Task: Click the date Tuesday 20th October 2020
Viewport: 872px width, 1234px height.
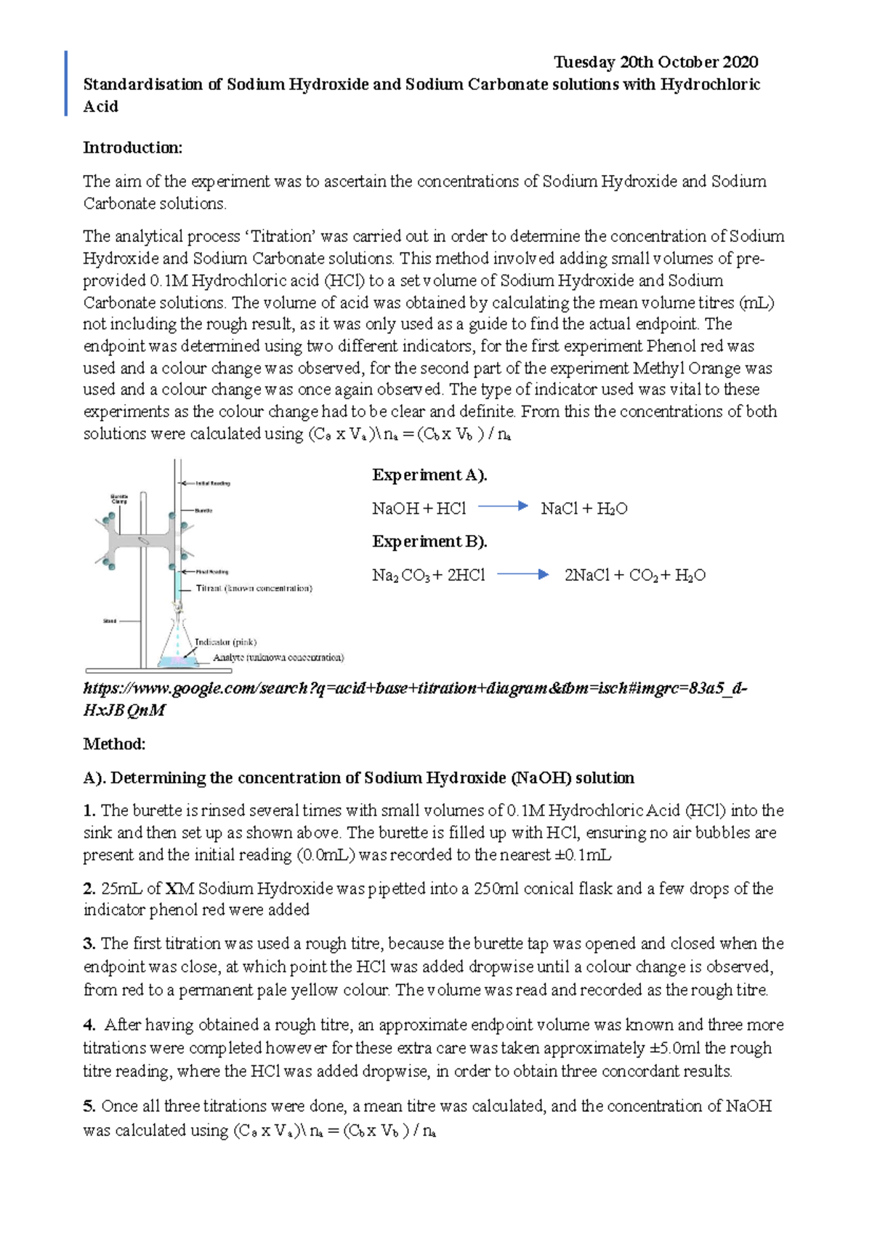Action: coord(655,62)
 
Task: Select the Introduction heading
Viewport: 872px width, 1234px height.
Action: coord(132,148)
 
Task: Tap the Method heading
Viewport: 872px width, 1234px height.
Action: coord(114,744)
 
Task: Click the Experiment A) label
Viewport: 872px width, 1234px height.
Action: coord(429,475)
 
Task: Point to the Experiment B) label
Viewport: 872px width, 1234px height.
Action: coord(429,542)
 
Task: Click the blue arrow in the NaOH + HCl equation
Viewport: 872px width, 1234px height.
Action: coord(502,507)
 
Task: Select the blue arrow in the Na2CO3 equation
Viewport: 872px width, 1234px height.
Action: coord(522,574)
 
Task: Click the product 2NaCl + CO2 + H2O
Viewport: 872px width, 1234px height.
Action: coord(634,576)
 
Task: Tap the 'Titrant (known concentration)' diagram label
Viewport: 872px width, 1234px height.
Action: coord(254,588)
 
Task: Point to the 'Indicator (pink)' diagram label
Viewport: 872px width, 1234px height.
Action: coord(225,642)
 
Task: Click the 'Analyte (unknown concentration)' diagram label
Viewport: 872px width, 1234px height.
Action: coord(278,658)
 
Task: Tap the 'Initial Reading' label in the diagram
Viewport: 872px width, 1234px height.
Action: coord(212,483)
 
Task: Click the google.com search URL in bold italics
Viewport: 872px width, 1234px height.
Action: coord(414,689)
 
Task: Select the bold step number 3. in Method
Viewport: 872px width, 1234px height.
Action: coord(89,944)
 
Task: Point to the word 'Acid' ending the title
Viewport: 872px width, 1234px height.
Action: coord(100,107)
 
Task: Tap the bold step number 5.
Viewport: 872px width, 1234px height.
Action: coord(89,1107)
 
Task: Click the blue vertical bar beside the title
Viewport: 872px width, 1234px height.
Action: coord(66,84)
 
